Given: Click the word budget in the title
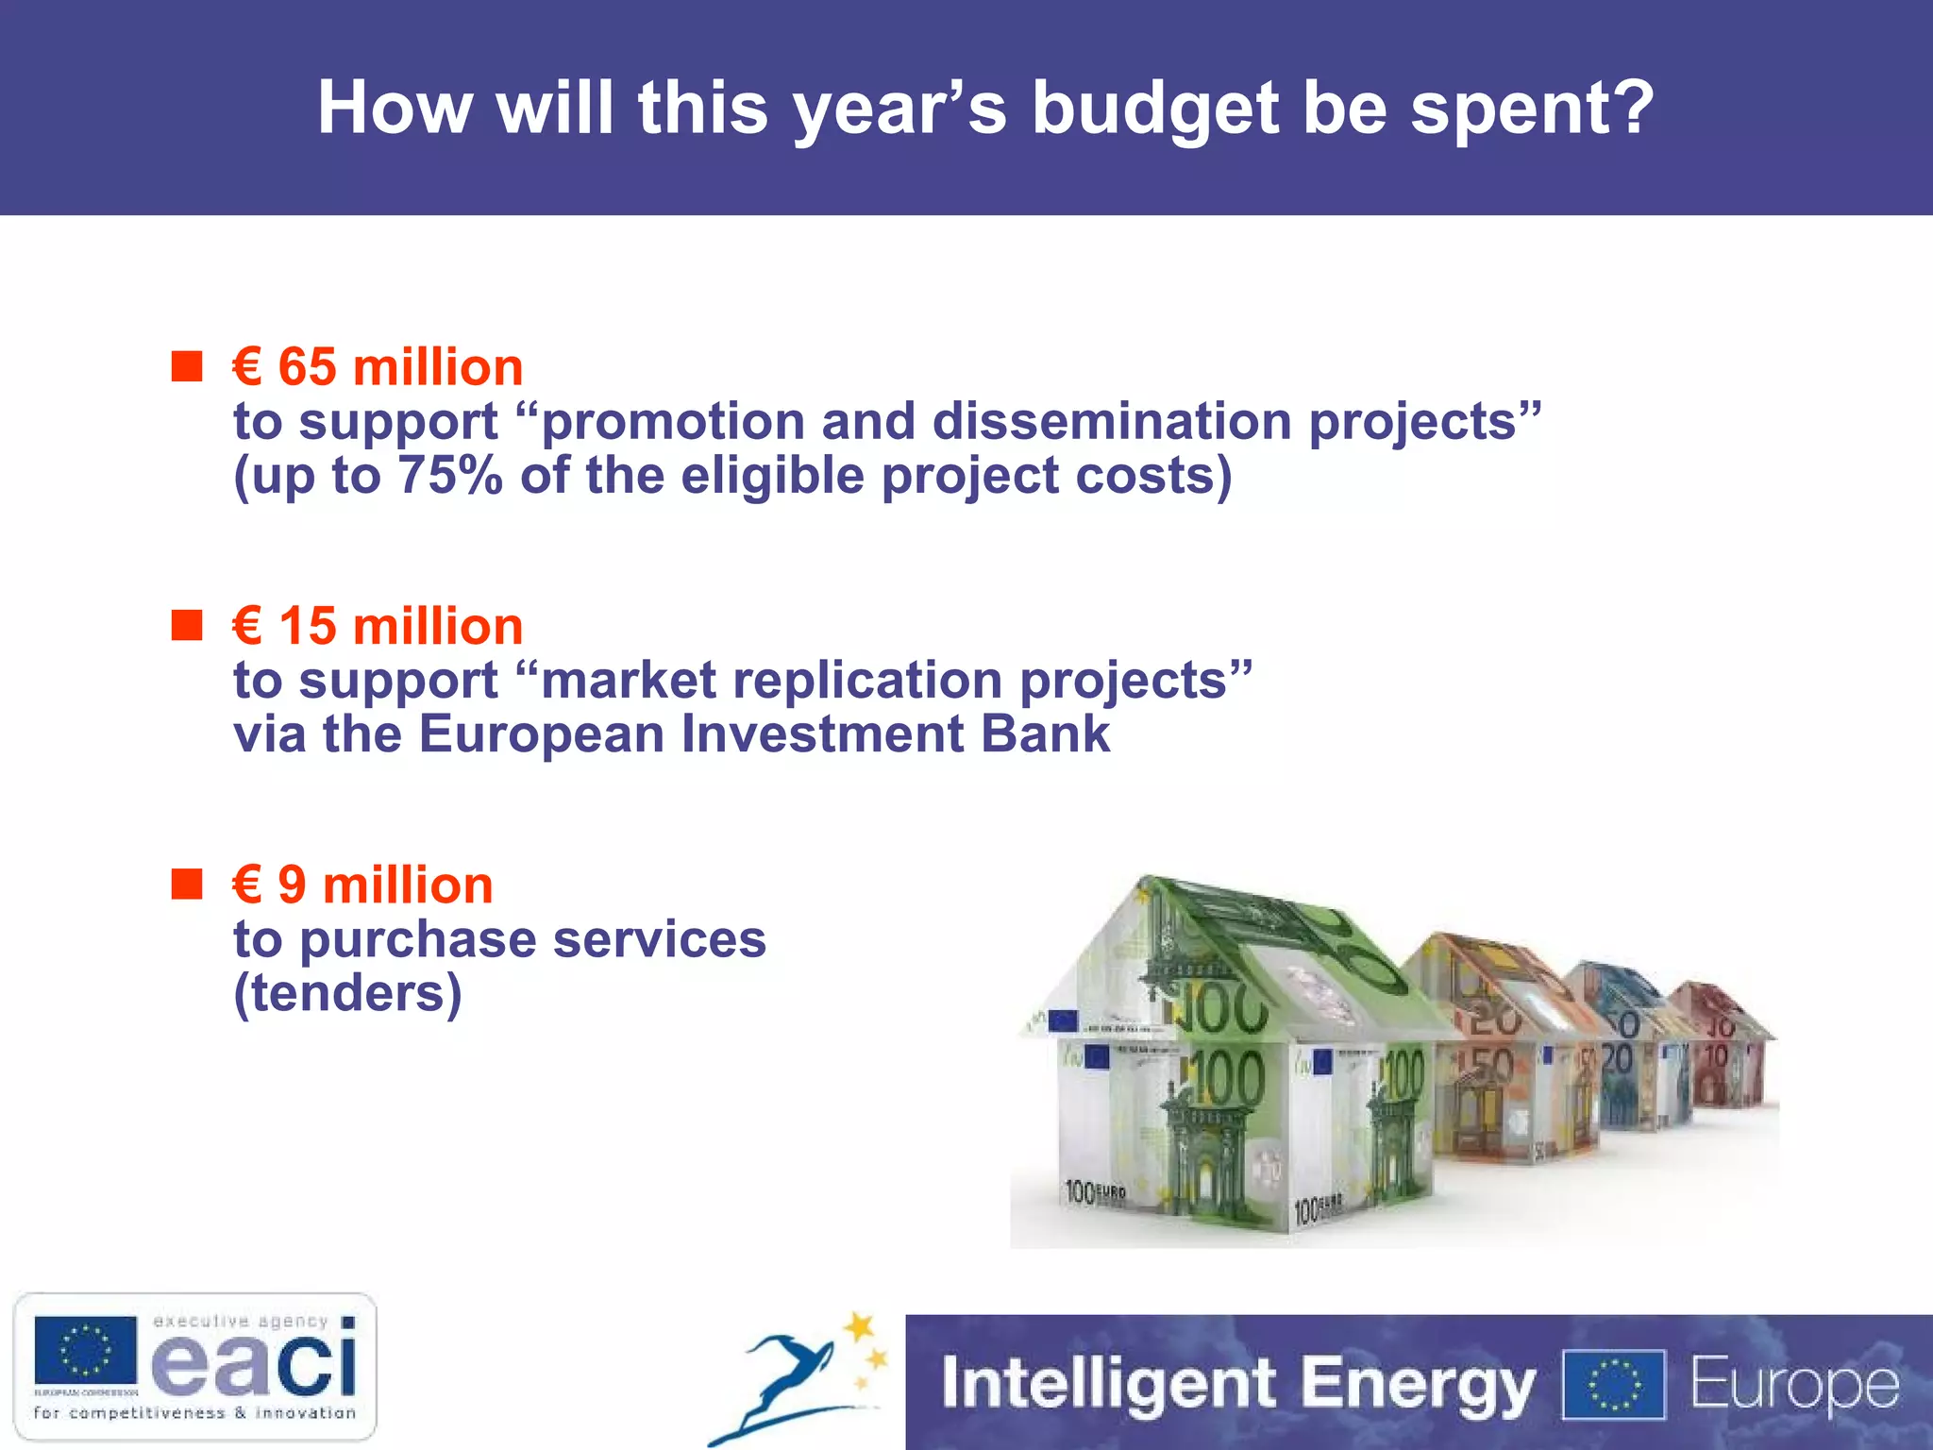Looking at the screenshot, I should pyautogui.click(x=1154, y=110).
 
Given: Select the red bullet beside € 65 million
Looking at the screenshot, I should pyautogui.click(x=187, y=366).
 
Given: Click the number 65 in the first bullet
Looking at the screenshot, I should pyautogui.click(x=307, y=367).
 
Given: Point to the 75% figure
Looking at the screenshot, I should pyautogui.click(x=449, y=475).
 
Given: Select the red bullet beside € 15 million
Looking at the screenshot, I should pyautogui.click(x=187, y=625).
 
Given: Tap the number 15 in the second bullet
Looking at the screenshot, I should pyautogui.click(x=307, y=627).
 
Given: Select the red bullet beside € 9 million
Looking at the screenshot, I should pyautogui.click(x=187, y=885).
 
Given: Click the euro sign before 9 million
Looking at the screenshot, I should pyautogui.click(x=246, y=885).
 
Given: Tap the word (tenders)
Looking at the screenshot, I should pyautogui.click(x=347, y=993).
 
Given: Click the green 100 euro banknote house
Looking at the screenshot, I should pyautogui.click(x=1236, y=1067).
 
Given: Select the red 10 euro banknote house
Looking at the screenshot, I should pyautogui.click(x=1723, y=1048).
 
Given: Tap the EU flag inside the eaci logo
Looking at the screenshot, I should pyautogui.click(x=85, y=1350).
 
